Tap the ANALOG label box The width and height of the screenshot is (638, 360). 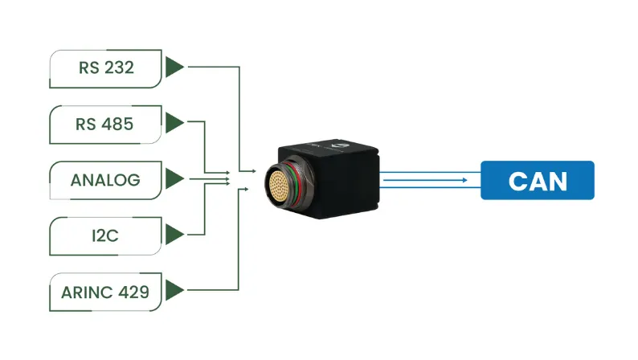[105, 179]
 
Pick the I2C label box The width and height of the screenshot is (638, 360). [105, 235]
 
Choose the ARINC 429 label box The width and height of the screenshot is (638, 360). [105, 291]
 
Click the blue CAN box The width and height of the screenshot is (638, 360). [537, 180]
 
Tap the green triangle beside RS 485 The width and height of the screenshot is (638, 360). [174, 124]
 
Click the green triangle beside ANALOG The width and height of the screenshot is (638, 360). [174, 179]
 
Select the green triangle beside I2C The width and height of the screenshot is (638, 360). [174, 235]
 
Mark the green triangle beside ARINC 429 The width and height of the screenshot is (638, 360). [174, 291]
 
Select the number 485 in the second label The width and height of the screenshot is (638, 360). [118, 124]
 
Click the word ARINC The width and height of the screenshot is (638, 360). [85, 291]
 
